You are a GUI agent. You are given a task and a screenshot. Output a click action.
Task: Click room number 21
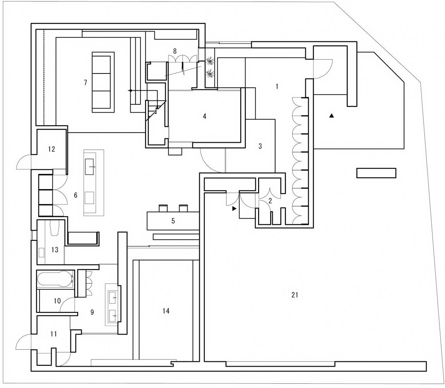(x=294, y=295)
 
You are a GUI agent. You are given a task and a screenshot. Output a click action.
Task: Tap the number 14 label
(x=166, y=311)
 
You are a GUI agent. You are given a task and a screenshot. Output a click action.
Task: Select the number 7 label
(x=86, y=82)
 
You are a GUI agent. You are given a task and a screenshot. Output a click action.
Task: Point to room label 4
(x=204, y=116)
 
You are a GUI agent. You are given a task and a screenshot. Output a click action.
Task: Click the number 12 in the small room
(x=51, y=149)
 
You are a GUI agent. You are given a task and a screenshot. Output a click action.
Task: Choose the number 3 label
(x=260, y=146)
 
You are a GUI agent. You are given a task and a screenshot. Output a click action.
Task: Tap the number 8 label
(x=175, y=51)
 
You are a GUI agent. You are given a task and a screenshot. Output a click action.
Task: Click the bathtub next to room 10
(x=56, y=279)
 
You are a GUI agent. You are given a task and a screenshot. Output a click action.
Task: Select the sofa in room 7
(x=103, y=82)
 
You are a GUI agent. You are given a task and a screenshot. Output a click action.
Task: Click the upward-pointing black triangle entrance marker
(x=332, y=116)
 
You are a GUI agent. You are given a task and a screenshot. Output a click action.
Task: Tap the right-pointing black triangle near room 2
(x=234, y=209)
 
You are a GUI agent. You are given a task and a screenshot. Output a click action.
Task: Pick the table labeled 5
(x=173, y=220)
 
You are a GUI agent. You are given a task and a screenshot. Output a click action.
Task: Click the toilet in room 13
(x=54, y=228)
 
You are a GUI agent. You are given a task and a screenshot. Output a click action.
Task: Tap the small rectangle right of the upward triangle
(x=376, y=173)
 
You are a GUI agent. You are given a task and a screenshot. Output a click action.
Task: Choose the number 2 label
(x=270, y=201)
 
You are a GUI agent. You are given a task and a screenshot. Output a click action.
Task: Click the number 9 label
(x=92, y=312)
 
